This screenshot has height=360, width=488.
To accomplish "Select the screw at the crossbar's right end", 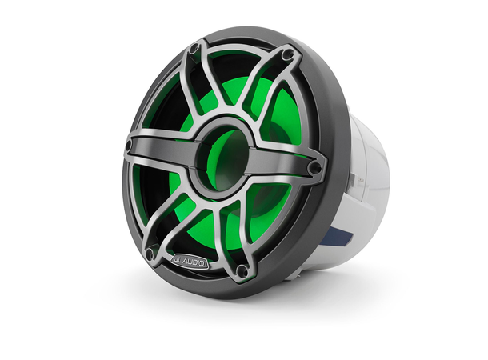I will click(315, 168).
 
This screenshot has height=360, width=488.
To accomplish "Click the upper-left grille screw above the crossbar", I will click(193, 50).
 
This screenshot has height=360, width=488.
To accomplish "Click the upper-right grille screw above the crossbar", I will click(287, 55).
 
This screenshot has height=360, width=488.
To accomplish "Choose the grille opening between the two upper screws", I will click(240, 72).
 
